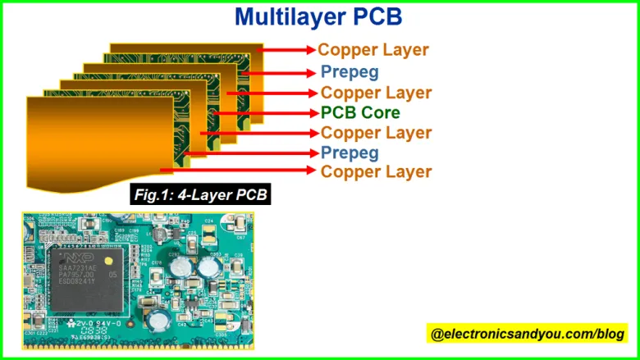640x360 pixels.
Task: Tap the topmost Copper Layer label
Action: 373,50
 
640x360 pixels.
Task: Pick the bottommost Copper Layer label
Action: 376,171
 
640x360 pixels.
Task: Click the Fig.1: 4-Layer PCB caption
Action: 201,195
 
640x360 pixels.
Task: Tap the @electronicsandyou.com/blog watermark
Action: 528,334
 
